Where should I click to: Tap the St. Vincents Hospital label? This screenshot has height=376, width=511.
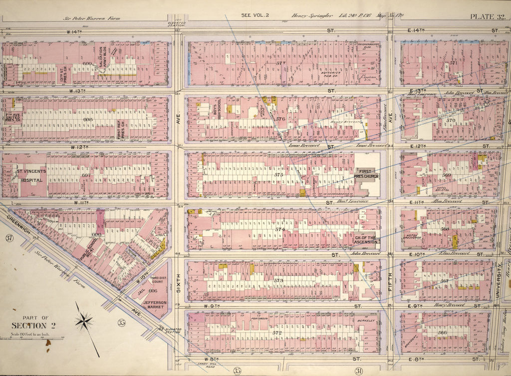coord(31,175)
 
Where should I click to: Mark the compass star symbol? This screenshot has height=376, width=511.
coord(85,321)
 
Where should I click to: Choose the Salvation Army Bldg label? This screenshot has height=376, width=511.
coord(102,59)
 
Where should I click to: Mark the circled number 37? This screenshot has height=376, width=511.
coord(8,238)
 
